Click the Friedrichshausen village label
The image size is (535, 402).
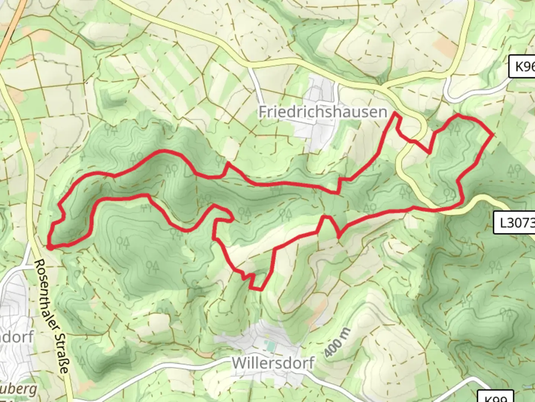[322, 112]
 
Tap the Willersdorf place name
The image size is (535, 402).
[273, 363]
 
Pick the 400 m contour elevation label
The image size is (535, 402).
[337, 343]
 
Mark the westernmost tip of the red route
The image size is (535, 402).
[49, 246]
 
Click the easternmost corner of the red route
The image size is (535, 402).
[493, 134]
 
